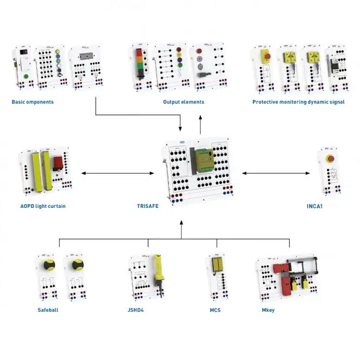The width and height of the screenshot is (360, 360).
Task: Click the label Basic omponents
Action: click(x=32, y=102)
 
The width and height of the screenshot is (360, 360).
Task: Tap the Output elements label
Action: click(x=184, y=102)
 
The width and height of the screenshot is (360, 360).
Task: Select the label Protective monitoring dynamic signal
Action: click(x=298, y=102)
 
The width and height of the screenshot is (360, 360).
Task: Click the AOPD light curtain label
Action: click(x=43, y=206)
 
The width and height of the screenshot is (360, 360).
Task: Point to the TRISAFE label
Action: click(x=148, y=206)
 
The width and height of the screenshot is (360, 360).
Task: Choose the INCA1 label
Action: click(x=315, y=206)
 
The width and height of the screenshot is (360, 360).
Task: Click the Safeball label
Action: click(x=48, y=310)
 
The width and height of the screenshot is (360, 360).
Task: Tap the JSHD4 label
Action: click(x=136, y=310)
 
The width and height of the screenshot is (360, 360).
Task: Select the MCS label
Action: click(x=215, y=310)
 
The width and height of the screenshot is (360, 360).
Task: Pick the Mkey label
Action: click(x=269, y=310)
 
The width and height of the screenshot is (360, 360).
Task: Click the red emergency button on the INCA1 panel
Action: click(x=330, y=159)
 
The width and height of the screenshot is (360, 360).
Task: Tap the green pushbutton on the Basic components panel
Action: click(x=26, y=76)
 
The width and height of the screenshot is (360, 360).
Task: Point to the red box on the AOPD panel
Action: click(x=58, y=163)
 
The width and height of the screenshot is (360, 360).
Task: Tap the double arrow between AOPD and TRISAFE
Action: click(x=118, y=173)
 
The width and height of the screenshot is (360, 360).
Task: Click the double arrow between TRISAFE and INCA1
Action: click(x=276, y=173)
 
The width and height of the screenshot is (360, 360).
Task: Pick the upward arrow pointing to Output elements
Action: click(x=200, y=125)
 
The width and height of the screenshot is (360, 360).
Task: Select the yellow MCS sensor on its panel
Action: click(x=217, y=265)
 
